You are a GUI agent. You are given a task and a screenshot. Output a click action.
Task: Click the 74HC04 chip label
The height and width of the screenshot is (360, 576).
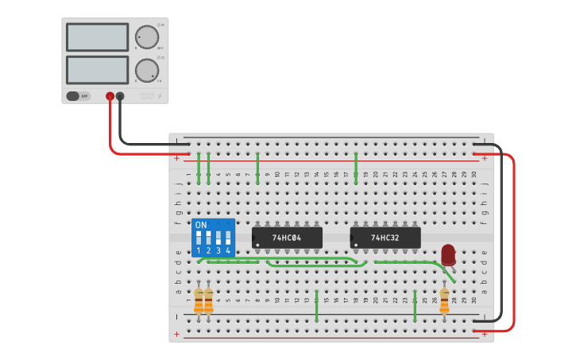[287, 238]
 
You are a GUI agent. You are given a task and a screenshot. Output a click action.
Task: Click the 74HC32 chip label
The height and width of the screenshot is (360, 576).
[385, 238]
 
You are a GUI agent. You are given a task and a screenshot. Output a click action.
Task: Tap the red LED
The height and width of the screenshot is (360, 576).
[448, 254]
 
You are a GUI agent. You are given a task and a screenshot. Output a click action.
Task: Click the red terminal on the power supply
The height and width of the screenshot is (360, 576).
[110, 96]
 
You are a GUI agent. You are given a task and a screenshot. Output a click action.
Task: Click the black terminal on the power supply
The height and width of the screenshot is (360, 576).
[120, 96]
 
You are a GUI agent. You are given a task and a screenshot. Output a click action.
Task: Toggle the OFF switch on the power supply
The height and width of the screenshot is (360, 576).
[78, 96]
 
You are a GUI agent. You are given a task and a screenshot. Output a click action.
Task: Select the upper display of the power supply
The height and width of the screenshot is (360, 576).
[98, 37]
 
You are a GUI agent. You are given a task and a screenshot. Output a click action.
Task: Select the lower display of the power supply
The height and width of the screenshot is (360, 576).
[98, 70]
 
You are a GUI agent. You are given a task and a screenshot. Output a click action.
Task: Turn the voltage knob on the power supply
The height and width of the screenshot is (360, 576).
[146, 37]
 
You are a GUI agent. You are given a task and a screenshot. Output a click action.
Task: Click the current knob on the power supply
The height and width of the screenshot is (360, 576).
[146, 70]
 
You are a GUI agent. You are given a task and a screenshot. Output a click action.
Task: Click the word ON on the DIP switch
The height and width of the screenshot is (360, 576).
[200, 225]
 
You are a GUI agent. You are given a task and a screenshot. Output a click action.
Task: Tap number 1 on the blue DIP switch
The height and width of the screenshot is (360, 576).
[199, 251]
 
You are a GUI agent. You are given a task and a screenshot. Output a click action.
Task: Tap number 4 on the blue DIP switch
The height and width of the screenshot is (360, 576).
[228, 251]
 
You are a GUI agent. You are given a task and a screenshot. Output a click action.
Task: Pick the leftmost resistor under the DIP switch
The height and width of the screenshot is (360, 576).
[199, 300]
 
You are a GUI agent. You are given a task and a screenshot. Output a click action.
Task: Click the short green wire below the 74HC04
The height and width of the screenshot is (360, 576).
[316, 306]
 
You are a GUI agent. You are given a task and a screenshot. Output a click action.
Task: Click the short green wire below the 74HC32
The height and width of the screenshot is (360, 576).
[415, 306]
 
